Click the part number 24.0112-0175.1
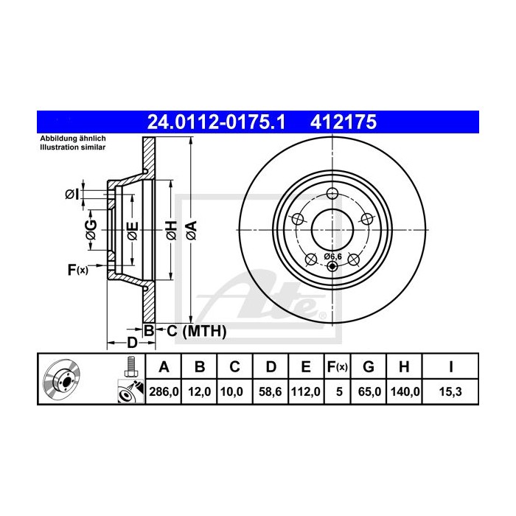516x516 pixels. tap(216, 122)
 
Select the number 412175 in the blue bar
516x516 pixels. tap(344, 122)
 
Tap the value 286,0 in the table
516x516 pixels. tap(164, 391)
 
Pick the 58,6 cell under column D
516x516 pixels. tap(271, 391)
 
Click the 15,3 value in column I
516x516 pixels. tap(450, 391)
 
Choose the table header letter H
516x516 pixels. tap(404, 366)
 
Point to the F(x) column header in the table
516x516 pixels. tap(337, 366)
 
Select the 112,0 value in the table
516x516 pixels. tap(306, 391)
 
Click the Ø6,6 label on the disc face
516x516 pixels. tap(332, 257)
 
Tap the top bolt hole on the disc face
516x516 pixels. tap(332, 193)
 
